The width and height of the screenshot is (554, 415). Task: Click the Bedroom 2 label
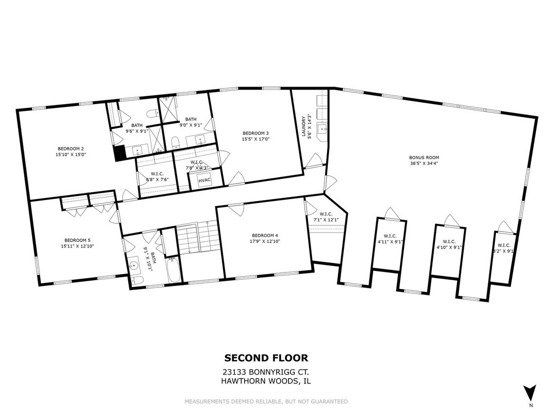(x=71, y=148)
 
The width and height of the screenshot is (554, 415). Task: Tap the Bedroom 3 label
(x=255, y=133)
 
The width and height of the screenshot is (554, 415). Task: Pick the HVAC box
(x=204, y=180)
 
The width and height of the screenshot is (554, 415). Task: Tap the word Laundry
(x=304, y=126)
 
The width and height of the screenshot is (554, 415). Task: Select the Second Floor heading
(x=266, y=358)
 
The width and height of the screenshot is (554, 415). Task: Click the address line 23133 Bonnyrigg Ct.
(x=266, y=372)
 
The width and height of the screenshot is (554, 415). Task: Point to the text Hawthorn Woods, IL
(x=266, y=381)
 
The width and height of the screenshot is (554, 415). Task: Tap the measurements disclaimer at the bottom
(x=266, y=401)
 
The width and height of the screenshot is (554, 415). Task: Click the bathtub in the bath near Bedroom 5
(x=173, y=270)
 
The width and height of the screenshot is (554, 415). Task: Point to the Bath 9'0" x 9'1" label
(x=191, y=122)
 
